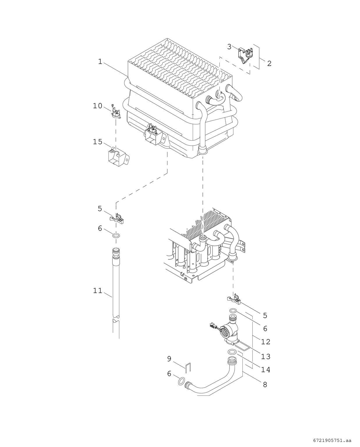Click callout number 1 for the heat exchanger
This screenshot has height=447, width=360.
click(100, 62)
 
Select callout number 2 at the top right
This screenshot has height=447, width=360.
click(269, 63)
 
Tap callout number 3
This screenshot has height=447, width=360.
click(229, 47)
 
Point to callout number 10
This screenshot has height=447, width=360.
click(98, 106)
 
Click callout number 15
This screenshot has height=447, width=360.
click(98, 142)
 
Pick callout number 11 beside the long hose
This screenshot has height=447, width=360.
click(98, 290)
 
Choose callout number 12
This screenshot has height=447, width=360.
click(266, 342)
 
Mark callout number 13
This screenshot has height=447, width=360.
click(266, 356)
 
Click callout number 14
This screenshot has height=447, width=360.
click(266, 370)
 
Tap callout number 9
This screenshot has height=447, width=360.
click(169, 359)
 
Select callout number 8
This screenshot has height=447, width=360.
click(265, 384)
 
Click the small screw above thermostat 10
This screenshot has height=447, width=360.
click(113, 105)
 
